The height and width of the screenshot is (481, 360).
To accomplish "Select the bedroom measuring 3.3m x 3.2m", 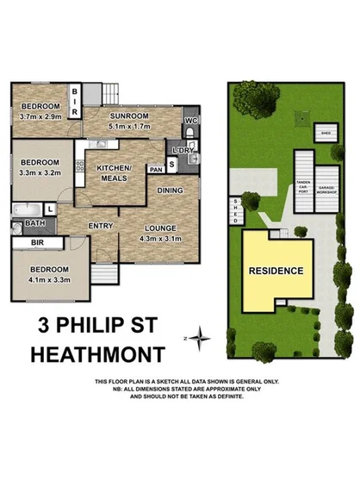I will (39, 172).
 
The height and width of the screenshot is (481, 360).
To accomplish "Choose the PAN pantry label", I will (156, 170).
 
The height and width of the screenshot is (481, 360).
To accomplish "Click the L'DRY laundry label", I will (194, 149).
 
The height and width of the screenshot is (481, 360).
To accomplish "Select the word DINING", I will (170, 191).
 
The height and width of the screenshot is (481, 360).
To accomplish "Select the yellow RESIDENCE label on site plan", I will (276, 270).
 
